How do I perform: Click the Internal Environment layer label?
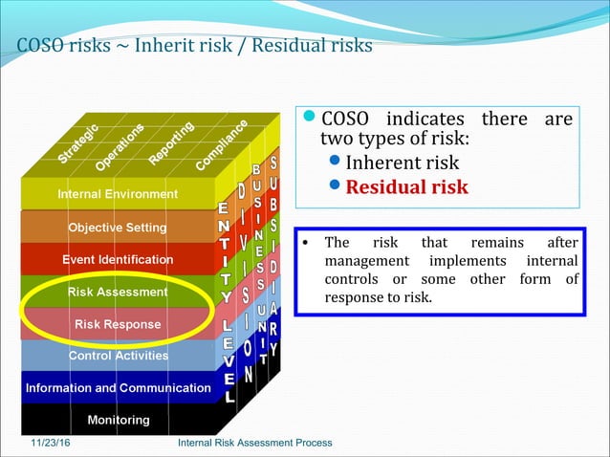coord(118,194)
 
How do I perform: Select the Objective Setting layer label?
coord(117,228)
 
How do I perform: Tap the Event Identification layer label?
coord(118,259)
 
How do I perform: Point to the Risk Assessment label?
coord(118,292)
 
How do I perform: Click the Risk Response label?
coord(118,324)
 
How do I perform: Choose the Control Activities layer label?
coord(118,356)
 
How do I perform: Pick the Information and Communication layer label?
coord(118,388)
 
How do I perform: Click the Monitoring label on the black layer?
coord(119,420)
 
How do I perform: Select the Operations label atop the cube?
coord(120,145)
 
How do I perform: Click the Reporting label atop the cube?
coord(172,141)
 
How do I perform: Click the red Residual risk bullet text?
coord(406,186)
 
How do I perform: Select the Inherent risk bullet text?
coord(402,163)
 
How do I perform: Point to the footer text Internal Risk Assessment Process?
coord(255,443)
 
